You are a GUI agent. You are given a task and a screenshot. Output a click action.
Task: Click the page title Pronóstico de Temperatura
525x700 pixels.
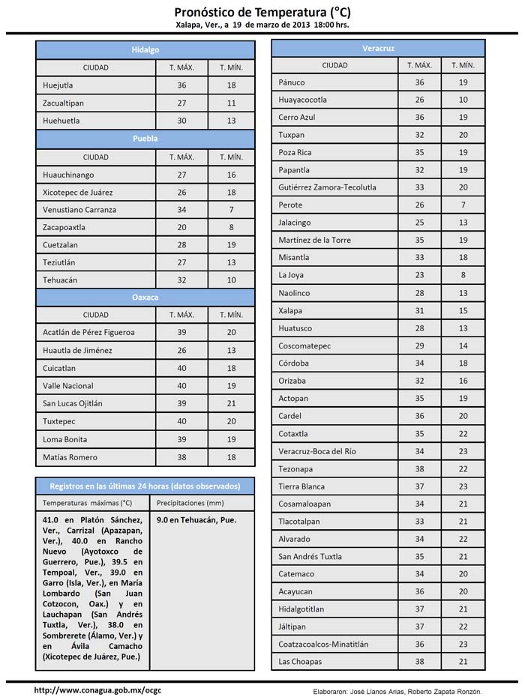coord(262,12)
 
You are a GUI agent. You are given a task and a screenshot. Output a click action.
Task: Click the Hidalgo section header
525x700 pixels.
coord(145,49)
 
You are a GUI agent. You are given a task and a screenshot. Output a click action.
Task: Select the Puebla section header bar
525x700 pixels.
coord(145,139)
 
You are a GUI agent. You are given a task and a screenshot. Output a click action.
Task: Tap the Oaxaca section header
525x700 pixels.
coord(145,298)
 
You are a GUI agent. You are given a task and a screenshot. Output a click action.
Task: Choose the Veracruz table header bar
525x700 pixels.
coord(378,48)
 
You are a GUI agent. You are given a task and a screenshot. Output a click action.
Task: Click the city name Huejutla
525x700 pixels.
coord(58,85)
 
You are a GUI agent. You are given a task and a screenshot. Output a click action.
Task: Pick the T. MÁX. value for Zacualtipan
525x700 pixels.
coord(181,103)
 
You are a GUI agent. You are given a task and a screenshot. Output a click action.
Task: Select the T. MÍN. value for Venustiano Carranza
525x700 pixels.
coord(231,210)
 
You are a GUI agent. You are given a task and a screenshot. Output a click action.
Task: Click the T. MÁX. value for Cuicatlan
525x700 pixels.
coord(181,368)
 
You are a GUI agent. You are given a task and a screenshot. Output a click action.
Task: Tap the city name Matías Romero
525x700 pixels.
coord(70,457)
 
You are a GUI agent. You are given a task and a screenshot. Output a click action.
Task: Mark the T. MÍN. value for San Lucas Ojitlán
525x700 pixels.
coord(231,403)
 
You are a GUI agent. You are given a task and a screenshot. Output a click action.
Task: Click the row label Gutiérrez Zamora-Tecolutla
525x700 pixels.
coord(327,187)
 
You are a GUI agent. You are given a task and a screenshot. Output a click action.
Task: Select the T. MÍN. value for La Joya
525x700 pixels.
coord(463,275)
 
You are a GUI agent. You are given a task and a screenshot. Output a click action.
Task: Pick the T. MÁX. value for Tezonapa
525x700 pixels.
coord(419,469)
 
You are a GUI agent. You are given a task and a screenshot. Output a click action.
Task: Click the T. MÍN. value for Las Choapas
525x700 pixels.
coord(463,662)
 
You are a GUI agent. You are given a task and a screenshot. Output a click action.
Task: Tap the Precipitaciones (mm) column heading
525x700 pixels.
coord(191,503)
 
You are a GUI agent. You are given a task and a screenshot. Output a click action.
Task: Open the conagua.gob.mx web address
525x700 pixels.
coord(98,690)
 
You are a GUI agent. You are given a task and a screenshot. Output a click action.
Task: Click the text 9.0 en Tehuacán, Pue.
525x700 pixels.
coord(197,519)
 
